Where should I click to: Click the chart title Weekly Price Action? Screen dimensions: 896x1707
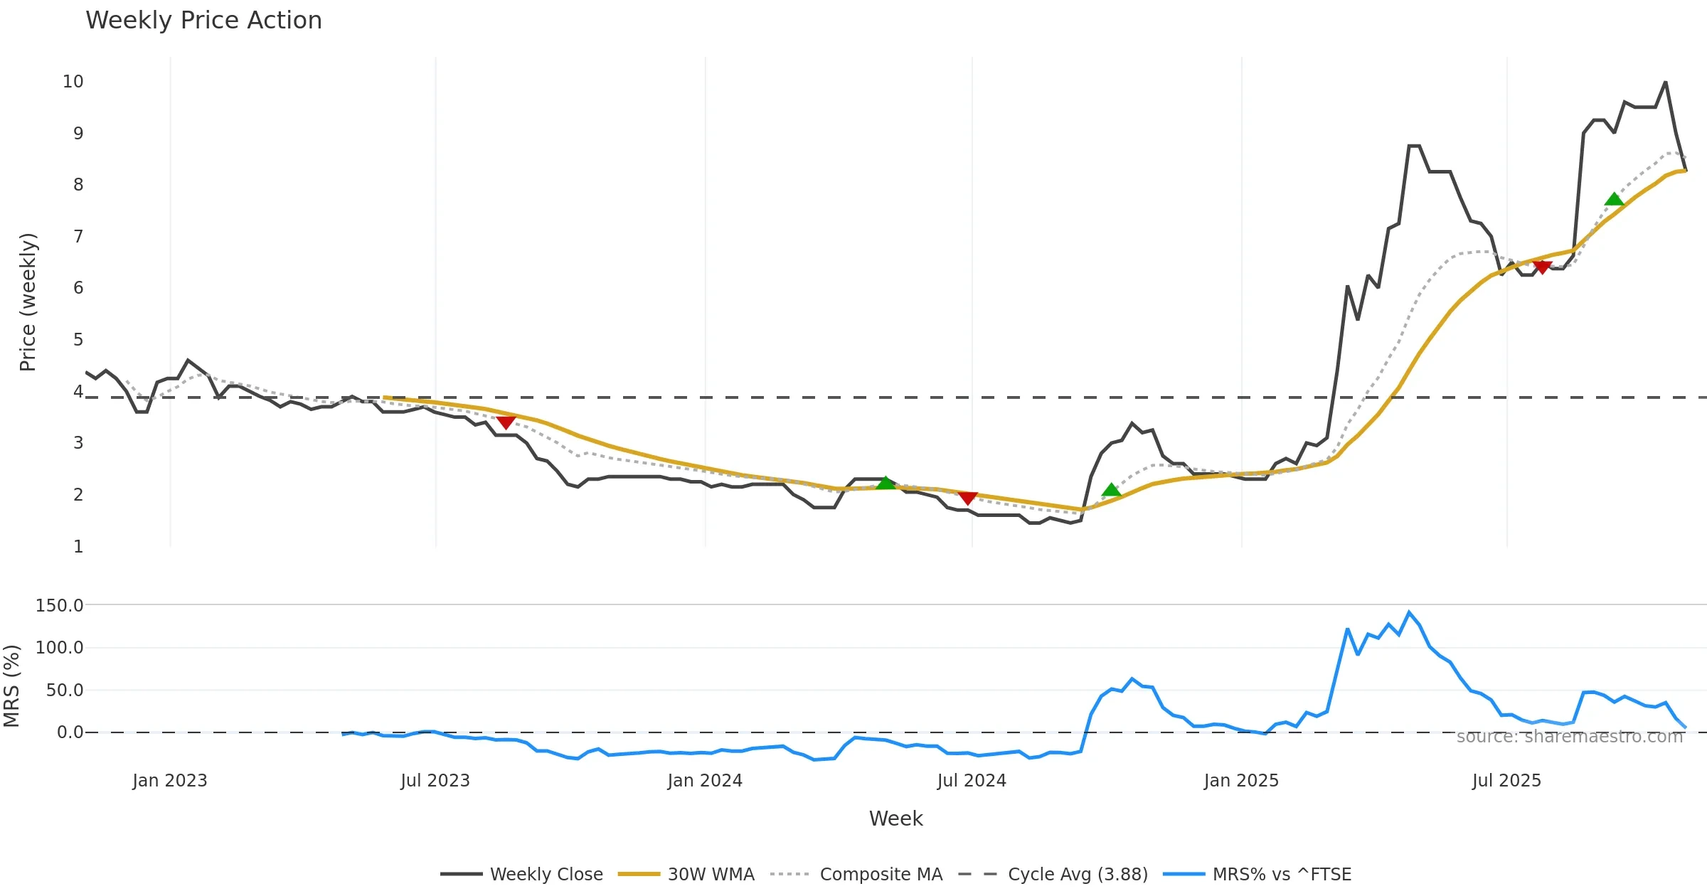pyautogui.click(x=203, y=21)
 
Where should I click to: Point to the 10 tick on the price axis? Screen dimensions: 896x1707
pyautogui.click(x=73, y=82)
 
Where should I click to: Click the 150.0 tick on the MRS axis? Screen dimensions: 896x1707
pyautogui.click(x=60, y=606)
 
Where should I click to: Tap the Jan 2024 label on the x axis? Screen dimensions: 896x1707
pyautogui.click(x=705, y=781)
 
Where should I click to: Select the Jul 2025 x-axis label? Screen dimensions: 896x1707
pyautogui.click(x=1506, y=781)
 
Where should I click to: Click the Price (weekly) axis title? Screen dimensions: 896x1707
pyautogui.click(x=28, y=302)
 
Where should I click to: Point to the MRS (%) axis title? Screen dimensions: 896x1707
pyautogui.click(x=11, y=686)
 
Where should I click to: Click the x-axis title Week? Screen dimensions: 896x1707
pyautogui.click(x=895, y=818)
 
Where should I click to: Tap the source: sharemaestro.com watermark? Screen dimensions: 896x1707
pyautogui.click(x=1570, y=737)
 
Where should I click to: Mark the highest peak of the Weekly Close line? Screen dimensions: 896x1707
pyautogui.click(x=1665, y=82)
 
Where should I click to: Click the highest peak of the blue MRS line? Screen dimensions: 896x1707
pyautogui.click(x=1409, y=612)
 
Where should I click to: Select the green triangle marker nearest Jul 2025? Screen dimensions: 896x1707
pyautogui.click(x=1614, y=199)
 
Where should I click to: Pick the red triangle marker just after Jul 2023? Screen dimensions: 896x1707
pyautogui.click(x=506, y=422)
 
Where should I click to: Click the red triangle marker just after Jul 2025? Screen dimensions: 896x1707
pyautogui.click(x=1542, y=267)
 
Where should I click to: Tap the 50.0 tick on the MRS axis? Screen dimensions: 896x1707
pyautogui.click(x=65, y=690)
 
